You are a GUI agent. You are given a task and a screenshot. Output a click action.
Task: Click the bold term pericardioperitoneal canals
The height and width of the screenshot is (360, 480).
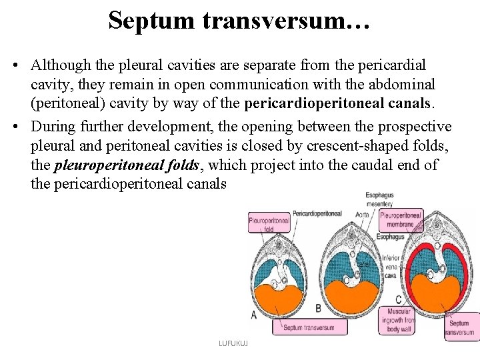pos(339,104)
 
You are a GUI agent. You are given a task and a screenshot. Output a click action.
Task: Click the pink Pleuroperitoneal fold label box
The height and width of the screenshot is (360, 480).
pos(268,223)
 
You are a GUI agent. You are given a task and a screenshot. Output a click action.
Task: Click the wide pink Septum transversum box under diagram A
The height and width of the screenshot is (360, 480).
pos(310,327)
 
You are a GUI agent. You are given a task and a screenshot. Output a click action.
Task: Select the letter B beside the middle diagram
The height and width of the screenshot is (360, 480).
pos(318,309)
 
